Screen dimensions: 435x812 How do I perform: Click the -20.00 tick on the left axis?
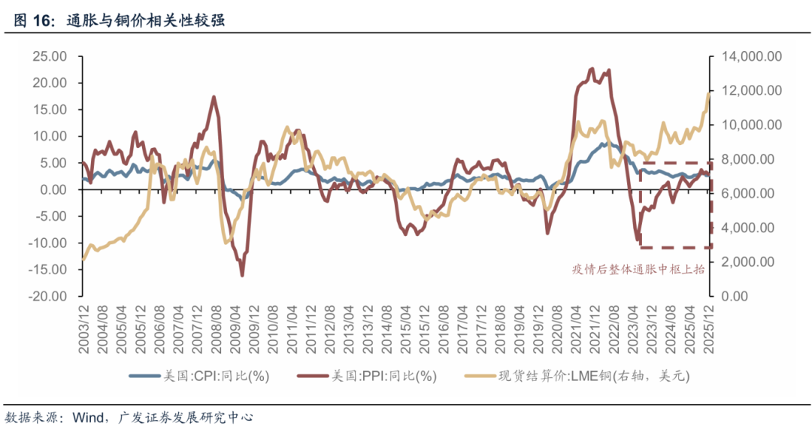48,297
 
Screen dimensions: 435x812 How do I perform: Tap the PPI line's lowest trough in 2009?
242,276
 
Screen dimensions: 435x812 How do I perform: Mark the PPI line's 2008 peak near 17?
214,97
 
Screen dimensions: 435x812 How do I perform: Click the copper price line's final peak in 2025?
708,93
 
